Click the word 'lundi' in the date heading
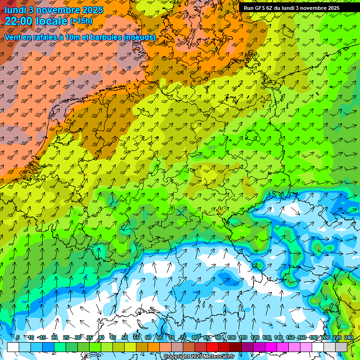[15, 9]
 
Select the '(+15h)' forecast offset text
[81, 21]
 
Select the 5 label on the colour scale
[18, 337]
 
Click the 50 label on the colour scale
[125, 337]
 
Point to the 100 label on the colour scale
[232, 337]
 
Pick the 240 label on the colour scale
[349, 337]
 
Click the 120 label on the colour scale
[255, 337]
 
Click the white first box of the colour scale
[13, 347]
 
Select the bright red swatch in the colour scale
[212, 347]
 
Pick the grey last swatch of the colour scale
[341, 347]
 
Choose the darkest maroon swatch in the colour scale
[236, 347]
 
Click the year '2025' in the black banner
[332, 8]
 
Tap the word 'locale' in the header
[52, 21]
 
